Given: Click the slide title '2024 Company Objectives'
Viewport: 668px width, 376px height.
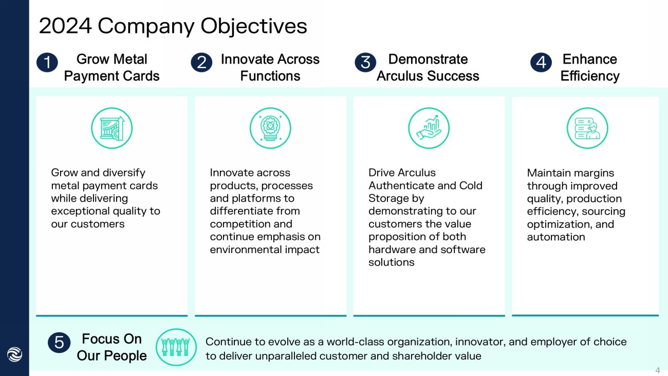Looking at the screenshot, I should [173, 26].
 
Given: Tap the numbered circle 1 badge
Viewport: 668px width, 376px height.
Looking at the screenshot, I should [47, 63].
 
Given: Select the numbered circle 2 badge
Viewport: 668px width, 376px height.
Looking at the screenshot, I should [201, 63].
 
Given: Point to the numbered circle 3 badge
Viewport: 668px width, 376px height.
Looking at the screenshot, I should [365, 63].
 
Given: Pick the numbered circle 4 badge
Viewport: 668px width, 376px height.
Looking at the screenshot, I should [541, 63].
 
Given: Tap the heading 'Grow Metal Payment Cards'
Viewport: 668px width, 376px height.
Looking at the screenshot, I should [112, 67].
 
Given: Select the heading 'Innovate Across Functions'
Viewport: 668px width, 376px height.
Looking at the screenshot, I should [270, 67].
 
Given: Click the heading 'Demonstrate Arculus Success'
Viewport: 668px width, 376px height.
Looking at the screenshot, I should [428, 67].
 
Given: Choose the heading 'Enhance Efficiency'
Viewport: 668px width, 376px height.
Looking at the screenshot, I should [589, 67].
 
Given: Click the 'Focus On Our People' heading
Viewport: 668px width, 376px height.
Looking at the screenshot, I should [112, 347].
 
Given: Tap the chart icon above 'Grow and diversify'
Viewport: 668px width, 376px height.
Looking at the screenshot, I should [112, 128].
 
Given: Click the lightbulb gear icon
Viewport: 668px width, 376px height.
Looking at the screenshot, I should [270, 128].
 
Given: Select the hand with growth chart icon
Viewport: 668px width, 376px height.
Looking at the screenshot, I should [429, 128].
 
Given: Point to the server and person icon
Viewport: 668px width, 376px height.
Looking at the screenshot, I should [587, 128].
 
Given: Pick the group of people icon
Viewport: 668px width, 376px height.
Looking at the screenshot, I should [176, 347].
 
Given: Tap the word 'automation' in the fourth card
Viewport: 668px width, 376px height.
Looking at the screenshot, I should [556, 237].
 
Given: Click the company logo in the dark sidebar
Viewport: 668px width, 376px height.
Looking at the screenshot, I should [14, 354].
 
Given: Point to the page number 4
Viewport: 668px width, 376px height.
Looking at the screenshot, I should [657, 370].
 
